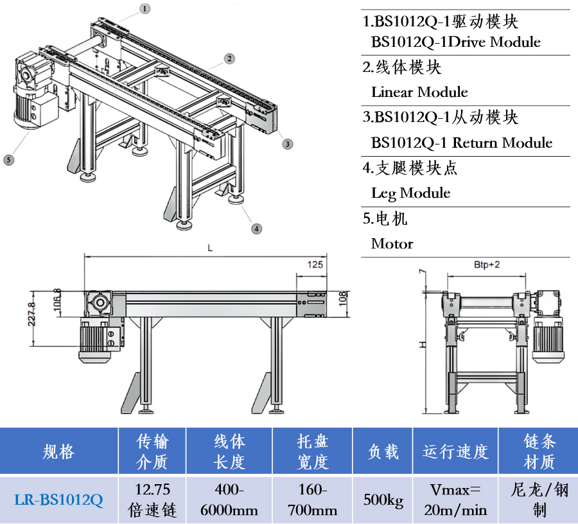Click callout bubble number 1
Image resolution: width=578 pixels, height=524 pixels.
pos(146,8)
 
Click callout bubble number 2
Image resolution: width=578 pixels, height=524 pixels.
pos(229,58)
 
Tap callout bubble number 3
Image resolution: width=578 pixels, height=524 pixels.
pos(287,143)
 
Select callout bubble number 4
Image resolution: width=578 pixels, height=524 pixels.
pos(256,228)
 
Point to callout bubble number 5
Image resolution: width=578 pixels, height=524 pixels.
pos(8,160)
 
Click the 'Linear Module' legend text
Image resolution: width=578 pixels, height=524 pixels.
pos(419,92)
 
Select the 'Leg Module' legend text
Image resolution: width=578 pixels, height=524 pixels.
pos(410,193)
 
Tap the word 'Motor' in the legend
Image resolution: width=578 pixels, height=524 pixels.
pos(392,243)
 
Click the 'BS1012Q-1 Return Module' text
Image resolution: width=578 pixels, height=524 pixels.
pos(461,143)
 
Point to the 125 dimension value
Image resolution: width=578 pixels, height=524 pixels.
pos(315,264)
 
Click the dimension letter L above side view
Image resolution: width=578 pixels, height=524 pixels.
pos(209,247)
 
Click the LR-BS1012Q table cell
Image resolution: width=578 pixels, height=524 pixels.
pos(58,500)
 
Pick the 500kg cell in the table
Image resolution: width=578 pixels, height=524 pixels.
pos(383,500)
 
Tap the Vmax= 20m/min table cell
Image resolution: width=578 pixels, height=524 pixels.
pos(455,500)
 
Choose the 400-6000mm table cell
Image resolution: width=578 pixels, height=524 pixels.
pos(229,500)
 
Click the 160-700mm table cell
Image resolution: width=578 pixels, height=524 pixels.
pos(313,500)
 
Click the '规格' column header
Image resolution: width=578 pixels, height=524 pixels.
pos(58,451)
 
